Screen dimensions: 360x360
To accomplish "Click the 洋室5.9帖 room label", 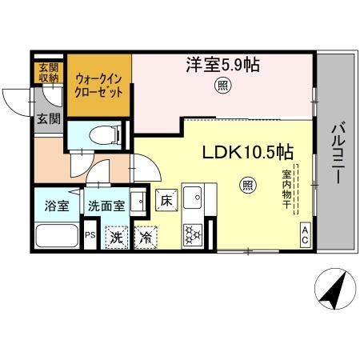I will coord(223,65).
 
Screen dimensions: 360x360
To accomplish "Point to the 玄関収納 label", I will coord(44,72).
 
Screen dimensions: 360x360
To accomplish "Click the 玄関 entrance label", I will coord(47,120).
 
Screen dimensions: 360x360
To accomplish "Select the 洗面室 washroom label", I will coord(106,206).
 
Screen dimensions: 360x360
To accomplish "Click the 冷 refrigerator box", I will coord(146,237).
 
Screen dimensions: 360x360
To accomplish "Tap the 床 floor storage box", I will coord(166,200).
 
